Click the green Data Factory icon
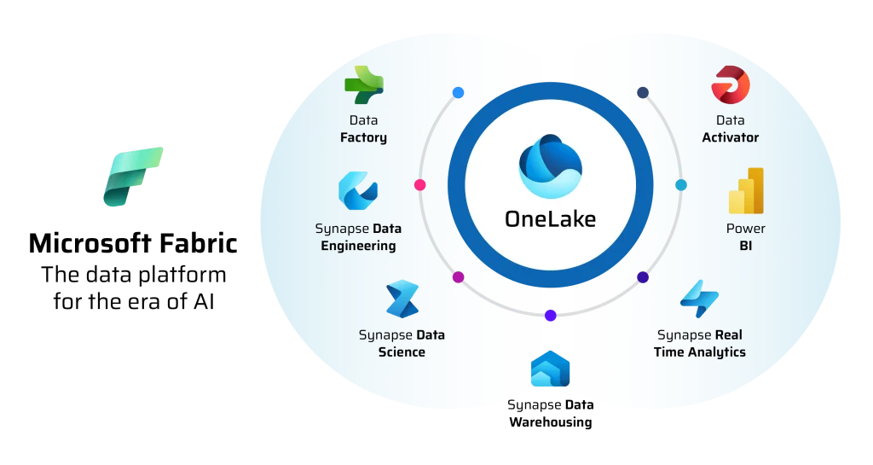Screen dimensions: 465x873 point(363,85)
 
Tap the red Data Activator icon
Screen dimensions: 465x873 point(730,86)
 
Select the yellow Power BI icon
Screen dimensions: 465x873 point(746,190)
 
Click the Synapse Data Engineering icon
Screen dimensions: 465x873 point(358,191)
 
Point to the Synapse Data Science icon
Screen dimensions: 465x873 point(402,299)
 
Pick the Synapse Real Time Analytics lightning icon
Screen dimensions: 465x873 point(699,299)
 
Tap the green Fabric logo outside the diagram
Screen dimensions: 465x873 point(133,177)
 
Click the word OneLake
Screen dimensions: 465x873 point(550,218)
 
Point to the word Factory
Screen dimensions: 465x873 point(363,137)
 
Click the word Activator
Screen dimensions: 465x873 point(730,137)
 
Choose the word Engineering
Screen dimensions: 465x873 point(358,246)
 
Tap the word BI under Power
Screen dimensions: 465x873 point(746,246)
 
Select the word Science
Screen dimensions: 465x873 point(402,352)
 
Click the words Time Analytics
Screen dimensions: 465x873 point(699,352)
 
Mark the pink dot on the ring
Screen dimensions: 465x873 point(419,184)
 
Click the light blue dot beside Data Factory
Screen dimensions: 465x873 point(458,92)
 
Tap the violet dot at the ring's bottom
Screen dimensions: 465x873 point(551,316)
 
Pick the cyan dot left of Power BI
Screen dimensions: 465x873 point(681,184)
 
